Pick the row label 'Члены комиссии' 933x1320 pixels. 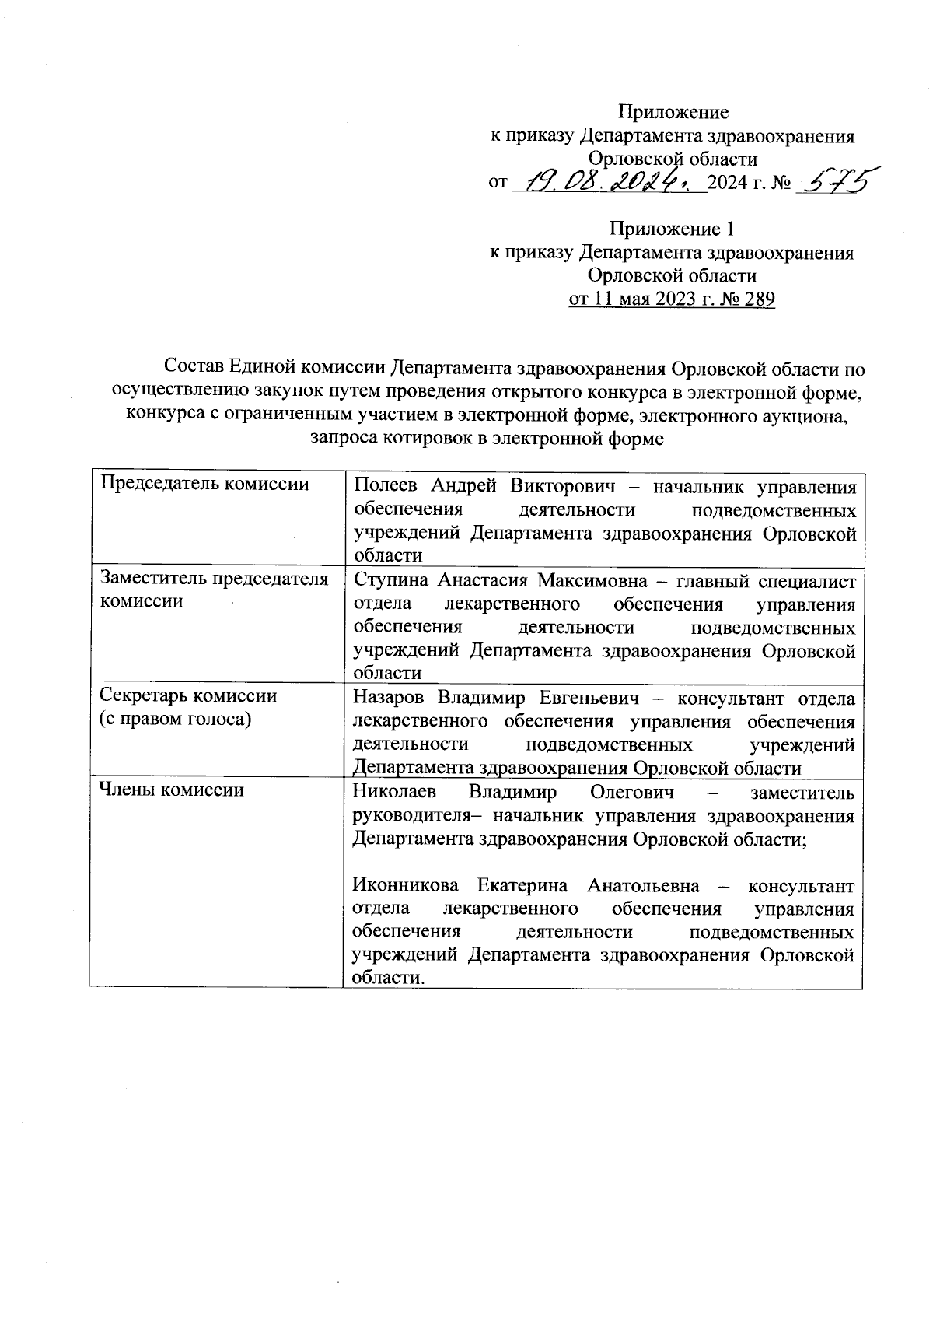coord(173,790)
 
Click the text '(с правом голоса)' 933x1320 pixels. coord(175,720)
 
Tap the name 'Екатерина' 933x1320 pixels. coord(522,886)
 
